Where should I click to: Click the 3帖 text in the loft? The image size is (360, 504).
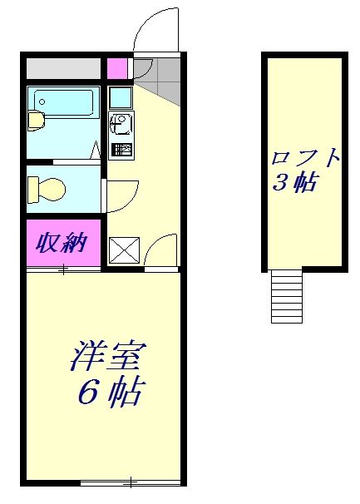294,184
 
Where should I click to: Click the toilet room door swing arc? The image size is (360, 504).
119,195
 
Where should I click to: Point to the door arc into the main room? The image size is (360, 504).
163,250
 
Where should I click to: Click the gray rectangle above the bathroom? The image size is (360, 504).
63,67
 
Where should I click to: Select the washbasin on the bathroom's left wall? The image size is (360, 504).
35,121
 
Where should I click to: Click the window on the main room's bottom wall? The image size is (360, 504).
131,482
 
